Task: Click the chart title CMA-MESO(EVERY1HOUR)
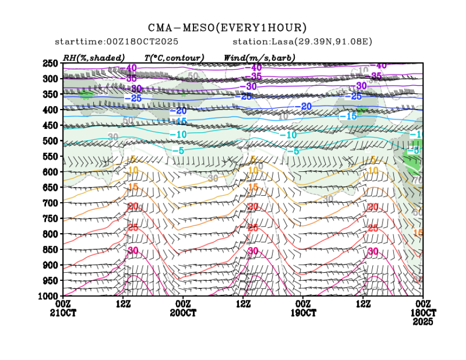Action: (x=227, y=28)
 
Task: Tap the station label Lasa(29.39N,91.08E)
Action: (x=302, y=41)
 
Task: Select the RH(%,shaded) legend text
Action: (x=93, y=57)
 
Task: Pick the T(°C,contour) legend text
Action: (x=173, y=57)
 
